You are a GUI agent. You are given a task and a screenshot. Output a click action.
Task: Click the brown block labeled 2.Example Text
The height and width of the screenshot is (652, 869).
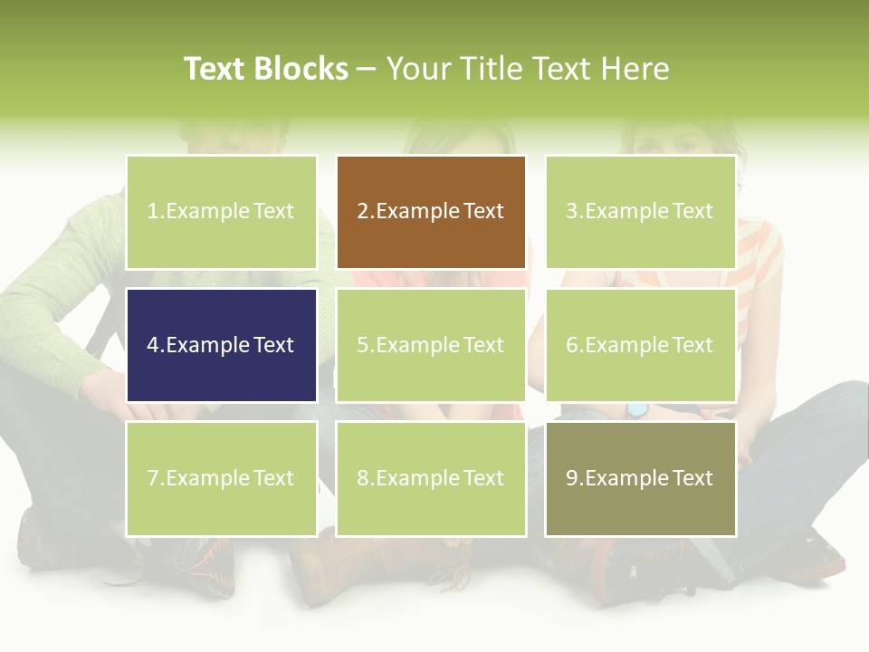(x=431, y=212)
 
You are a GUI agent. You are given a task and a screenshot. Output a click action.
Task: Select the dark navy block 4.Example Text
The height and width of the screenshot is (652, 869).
(x=221, y=345)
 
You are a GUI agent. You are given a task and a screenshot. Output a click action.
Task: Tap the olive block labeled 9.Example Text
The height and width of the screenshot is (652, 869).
(x=640, y=478)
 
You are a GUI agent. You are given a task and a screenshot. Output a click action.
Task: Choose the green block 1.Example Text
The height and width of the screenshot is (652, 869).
(x=221, y=212)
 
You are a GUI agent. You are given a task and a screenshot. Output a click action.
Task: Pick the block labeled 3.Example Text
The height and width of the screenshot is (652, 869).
(x=640, y=212)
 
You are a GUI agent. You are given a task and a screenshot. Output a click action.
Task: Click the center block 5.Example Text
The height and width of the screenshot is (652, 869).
(x=431, y=345)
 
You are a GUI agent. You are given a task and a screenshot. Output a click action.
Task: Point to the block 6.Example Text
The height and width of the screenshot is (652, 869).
(x=640, y=345)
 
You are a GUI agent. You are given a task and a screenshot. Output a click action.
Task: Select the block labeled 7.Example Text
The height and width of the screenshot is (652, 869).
(x=221, y=478)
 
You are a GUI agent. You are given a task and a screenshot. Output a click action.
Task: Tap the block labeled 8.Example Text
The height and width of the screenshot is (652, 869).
(x=431, y=478)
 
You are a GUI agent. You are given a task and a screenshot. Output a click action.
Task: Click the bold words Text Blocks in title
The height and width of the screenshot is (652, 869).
(x=265, y=69)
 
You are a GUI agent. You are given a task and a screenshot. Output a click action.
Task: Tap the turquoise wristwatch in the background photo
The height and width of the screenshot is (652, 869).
(x=638, y=410)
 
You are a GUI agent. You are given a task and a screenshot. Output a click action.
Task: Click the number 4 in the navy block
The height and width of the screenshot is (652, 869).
(x=153, y=345)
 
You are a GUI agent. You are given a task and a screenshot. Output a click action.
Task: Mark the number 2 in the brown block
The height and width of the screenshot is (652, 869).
(x=362, y=212)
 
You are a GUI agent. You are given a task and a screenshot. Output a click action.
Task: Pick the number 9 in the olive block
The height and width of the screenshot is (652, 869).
(x=572, y=478)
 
